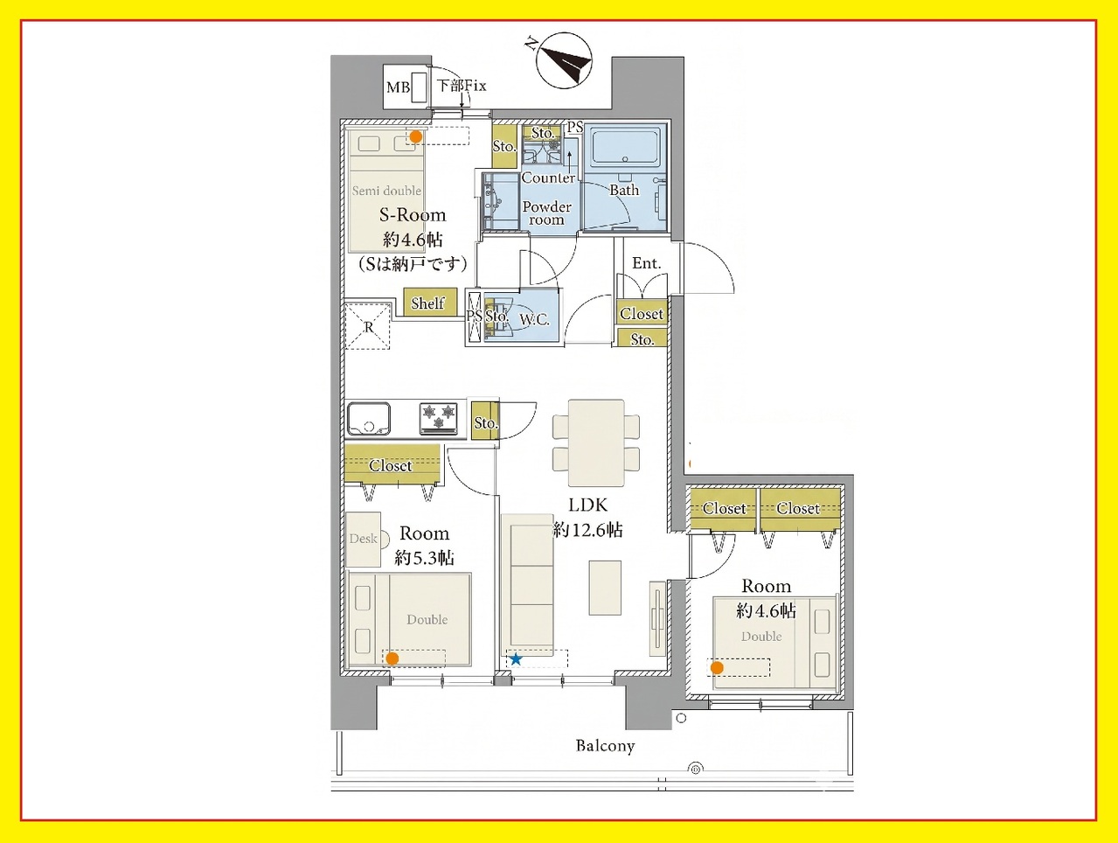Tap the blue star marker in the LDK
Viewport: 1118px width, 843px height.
(516, 659)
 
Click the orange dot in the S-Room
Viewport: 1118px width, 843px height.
(416, 136)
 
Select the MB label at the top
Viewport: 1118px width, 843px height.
(399, 87)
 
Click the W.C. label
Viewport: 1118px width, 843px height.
(534, 320)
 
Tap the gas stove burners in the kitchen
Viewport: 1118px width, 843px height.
(439, 418)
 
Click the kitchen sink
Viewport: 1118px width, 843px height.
(369, 419)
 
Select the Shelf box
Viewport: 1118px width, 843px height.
(427, 303)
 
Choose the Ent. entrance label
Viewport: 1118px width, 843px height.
(646, 263)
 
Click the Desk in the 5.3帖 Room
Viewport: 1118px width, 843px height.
(363, 540)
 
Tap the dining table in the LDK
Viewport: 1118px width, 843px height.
(596, 443)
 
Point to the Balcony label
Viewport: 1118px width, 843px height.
(605, 746)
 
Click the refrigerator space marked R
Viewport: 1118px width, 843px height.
(368, 326)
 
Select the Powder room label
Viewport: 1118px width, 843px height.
(546, 212)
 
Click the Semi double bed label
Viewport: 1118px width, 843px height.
(386, 191)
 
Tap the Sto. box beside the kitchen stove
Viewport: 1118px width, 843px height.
(484, 421)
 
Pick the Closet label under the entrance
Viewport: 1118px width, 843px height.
(642, 314)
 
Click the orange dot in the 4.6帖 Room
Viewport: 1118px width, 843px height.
(717, 668)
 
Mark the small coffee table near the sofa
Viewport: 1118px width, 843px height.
(605, 588)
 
